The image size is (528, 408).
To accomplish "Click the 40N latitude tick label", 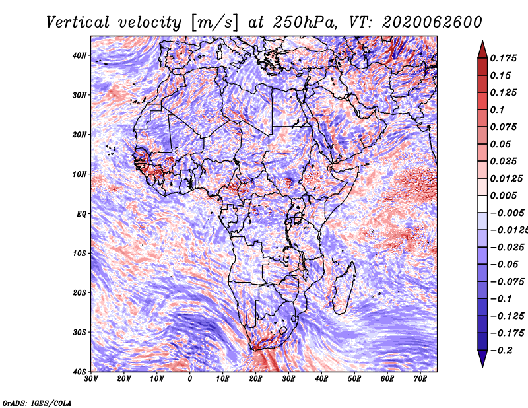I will [80, 55].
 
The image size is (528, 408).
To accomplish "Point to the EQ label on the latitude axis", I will [81, 214].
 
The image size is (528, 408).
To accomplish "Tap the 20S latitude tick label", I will [80, 292].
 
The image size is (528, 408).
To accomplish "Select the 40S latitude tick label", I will [80, 372].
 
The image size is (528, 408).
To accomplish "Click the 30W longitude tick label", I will [91, 379].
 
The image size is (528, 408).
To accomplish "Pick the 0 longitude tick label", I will [190, 379].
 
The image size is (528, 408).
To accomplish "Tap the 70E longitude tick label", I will [420, 379].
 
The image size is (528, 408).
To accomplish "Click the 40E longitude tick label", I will [321, 379].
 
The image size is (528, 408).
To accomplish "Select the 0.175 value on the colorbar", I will [504, 58].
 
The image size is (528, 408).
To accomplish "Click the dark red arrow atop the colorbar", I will [482, 48].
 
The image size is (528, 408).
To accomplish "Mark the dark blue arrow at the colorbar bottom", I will [482, 359].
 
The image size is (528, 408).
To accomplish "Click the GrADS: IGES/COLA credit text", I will [37, 403].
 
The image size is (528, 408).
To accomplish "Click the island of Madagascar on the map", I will [344, 289].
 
